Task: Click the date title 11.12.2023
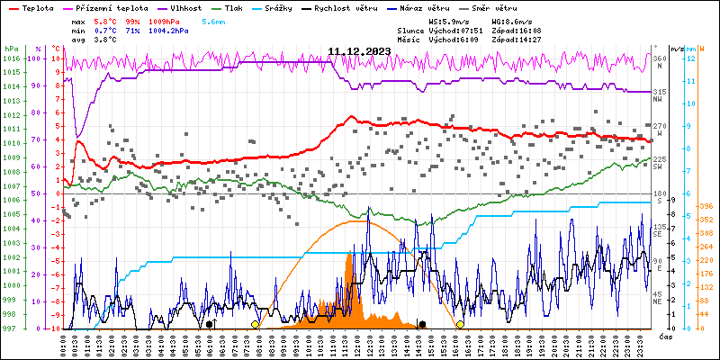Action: (x=358, y=51)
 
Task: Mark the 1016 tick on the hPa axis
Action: (x=12, y=58)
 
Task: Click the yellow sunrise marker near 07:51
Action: (x=255, y=324)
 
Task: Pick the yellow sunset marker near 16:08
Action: (x=460, y=324)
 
